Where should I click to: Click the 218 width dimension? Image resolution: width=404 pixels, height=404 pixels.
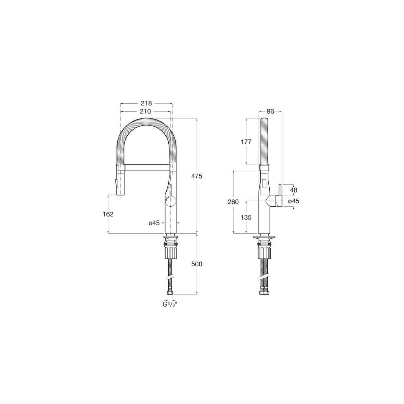pos(146,103)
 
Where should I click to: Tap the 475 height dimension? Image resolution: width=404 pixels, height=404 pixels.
pos(197,176)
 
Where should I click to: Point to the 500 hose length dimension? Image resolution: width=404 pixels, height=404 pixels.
pos(197,264)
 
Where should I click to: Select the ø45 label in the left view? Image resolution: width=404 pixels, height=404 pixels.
pos(154,223)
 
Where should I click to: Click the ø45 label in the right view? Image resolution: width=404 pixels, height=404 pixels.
pos(294,201)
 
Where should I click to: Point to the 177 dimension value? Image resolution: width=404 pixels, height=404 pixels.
pos(246,142)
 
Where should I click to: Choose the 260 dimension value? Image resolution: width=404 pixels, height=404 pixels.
pos(233,202)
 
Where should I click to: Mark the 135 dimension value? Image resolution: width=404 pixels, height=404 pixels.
pos(246,217)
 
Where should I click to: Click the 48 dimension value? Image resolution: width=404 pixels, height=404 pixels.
pos(294,190)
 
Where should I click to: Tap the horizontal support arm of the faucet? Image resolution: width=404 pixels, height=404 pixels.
pos(146,167)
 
